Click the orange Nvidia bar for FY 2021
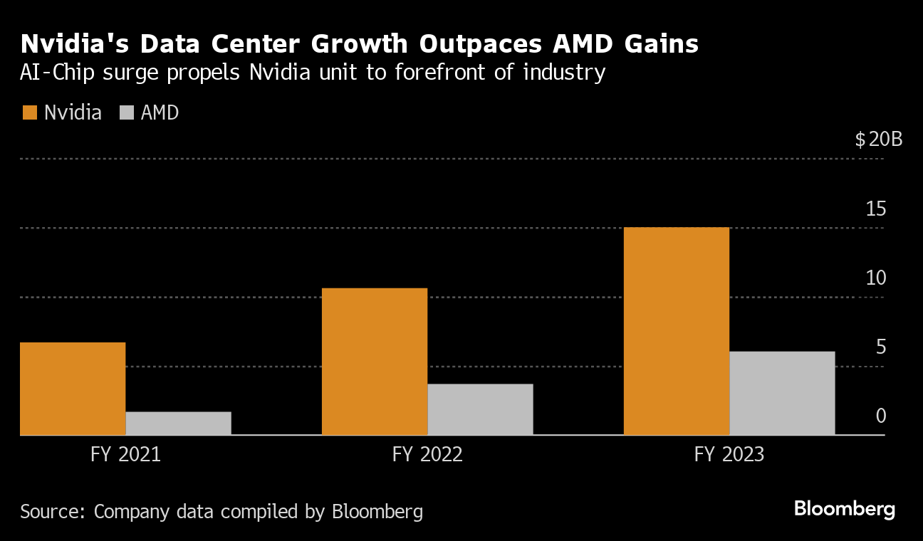point(73,389)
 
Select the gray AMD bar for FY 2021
point(178,424)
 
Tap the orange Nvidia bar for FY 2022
point(375,362)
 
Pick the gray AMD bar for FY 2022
point(480,409)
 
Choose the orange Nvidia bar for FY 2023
point(677,331)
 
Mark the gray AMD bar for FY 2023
point(782,393)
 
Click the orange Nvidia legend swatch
point(29,112)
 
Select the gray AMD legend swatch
point(127,112)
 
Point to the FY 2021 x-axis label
point(126,454)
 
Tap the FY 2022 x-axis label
point(427,454)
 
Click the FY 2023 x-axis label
point(729,454)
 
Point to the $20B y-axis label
point(879,139)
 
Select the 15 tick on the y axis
point(876,209)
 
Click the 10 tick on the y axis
point(876,278)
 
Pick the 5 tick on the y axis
point(881,347)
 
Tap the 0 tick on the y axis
point(881,416)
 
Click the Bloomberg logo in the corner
point(844,509)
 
